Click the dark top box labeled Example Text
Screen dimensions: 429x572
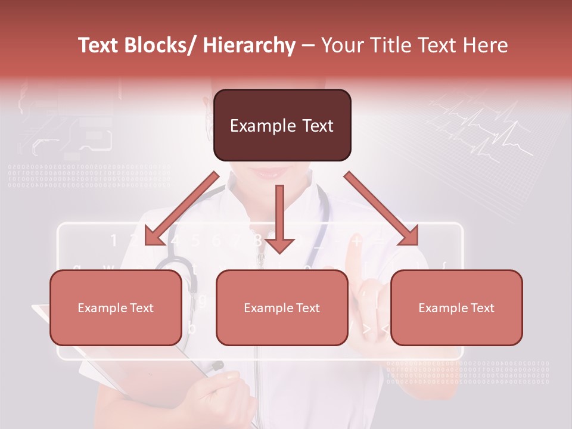[x=282, y=125]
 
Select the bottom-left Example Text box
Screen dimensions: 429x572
[x=116, y=307]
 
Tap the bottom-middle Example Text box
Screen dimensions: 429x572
[x=282, y=307]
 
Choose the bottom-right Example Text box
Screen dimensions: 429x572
[x=456, y=307]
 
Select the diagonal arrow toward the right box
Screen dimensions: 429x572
[x=381, y=209]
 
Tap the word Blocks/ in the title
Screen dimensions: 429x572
[x=160, y=45]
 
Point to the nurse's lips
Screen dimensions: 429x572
[x=271, y=173]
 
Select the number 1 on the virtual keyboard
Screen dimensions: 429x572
[x=114, y=241]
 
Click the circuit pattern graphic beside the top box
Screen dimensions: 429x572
[x=66, y=125]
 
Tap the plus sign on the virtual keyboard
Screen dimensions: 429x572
[x=356, y=241]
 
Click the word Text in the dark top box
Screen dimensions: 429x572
[x=316, y=126]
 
